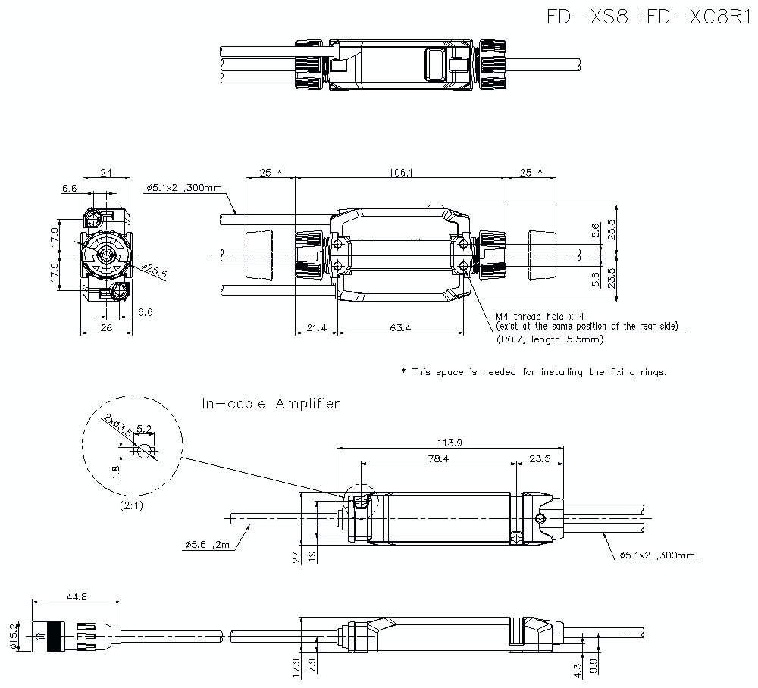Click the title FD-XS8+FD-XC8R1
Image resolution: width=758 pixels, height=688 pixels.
(x=650, y=17)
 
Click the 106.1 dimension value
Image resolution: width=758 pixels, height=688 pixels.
(x=400, y=173)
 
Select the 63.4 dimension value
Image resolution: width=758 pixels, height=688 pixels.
(x=401, y=327)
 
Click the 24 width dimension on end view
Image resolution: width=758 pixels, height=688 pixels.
(x=106, y=174)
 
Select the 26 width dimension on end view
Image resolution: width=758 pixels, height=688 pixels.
(x=105, y=327)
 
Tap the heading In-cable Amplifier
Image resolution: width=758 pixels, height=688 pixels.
(x=271, y=403)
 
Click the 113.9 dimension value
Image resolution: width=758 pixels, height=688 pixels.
(x=449, y=443)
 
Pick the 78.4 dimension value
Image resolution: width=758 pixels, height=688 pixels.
(x=438, y=458)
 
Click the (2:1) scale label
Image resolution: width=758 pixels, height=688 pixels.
(x=132, y=505)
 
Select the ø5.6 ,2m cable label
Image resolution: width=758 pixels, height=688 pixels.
(x=206, y=544)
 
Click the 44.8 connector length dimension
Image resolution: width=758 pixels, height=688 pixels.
(x=76, y=597)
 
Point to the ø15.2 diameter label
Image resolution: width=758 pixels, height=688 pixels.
(x=13, y=635)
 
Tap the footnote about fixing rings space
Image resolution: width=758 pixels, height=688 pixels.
(x=533, y=372)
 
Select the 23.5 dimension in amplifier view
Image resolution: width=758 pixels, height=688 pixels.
(x=540, y=458)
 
